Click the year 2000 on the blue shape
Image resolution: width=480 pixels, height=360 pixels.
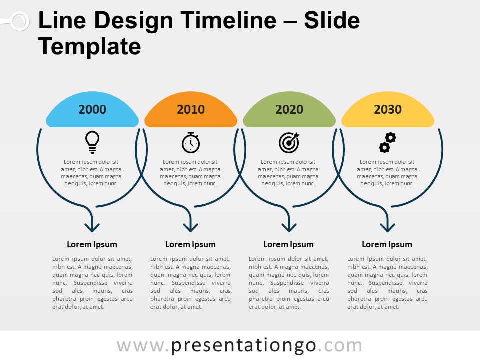point(92,109)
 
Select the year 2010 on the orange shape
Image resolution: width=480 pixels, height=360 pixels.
point(191,109)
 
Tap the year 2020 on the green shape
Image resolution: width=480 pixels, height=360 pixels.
point(289,109)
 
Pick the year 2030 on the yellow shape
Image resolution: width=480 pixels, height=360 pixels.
point(388,109)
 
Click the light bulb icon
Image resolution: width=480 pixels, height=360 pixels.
point(92,142)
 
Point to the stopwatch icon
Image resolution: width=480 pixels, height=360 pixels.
point(191,142)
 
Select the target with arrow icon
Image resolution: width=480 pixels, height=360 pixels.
point(289,142)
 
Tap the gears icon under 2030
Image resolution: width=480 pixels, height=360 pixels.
point(387,142)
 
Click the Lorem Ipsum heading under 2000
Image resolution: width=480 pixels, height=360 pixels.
point(92,244)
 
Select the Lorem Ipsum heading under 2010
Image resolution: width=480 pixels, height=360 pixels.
point(190,244)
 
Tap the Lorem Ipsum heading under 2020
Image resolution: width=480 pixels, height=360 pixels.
point(288,244)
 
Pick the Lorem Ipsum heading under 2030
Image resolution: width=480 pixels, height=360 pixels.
point(387,244)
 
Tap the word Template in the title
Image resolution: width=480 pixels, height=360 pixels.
point(90,47)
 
